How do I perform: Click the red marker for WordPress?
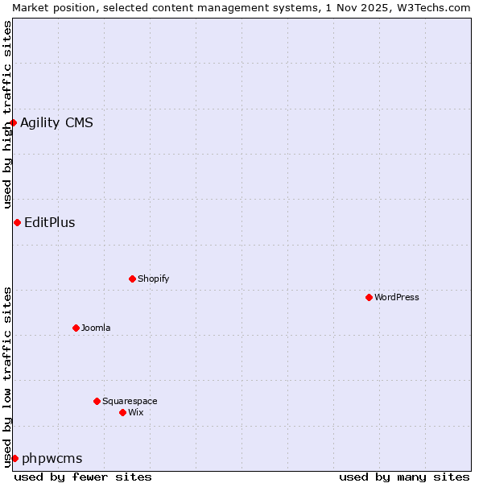point(369,297)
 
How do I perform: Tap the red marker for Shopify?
point(132,279)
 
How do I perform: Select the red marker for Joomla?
point(76,328)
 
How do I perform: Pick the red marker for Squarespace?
point(97,401)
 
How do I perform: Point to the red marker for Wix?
point(122,412)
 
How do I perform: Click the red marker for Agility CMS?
point(14,122)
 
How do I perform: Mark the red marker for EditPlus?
point(17,222)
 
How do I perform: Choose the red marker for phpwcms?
point(14,458)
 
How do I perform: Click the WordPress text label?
point(397,297)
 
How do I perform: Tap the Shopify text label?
point(154,279)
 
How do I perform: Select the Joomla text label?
point(96,328)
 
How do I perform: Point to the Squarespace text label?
point(130,401)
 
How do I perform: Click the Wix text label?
point(136,412)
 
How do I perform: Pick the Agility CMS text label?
point(56,122)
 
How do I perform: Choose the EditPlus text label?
point(50,222)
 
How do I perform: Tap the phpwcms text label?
point(52,458)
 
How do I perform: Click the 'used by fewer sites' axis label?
point(83,477)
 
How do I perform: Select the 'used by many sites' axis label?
point(404,477)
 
